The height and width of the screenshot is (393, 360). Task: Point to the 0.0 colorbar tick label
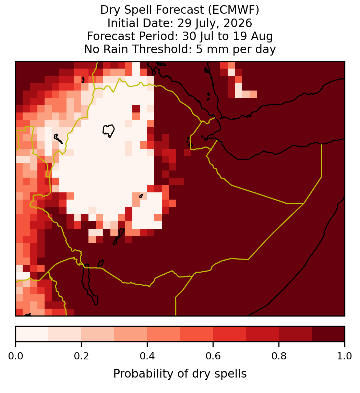tap(15, 356)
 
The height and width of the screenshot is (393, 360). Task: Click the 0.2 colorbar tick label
tap(81, 356)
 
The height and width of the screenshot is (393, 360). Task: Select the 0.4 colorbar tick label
tap(147, 356)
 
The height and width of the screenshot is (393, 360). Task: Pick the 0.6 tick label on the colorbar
tap(213, 356)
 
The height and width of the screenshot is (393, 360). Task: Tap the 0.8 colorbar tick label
tap(279, 356)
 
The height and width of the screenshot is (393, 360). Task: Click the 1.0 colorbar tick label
tap(345, 356)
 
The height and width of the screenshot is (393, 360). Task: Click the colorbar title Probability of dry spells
tap(180, 374)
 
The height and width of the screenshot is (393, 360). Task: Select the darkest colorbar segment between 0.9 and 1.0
tap(328, 334)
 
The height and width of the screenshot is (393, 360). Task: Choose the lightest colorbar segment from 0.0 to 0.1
tap(32, 334)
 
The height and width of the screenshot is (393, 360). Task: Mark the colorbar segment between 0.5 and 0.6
tap(196, 334)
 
